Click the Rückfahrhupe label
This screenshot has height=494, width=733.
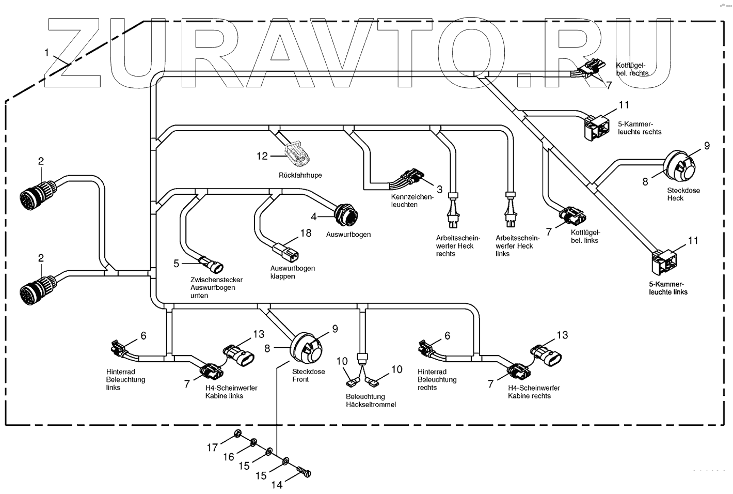[300, 175]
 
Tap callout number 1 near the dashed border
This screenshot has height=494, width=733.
[46, 52]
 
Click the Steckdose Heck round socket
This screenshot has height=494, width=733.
[679, 167]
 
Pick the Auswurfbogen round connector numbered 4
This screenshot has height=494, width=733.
[346, 214]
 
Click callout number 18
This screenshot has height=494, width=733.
[306, 233]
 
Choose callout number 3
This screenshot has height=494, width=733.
[439, 189]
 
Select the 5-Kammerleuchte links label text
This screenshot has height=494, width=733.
[668, 288]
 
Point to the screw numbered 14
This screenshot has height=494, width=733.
[306, 471]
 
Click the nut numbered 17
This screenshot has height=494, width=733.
[238, 433]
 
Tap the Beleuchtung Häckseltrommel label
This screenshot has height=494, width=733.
[371, 401]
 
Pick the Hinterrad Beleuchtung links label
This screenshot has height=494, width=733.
[125, 380]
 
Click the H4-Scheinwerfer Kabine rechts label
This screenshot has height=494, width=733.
[534, 392]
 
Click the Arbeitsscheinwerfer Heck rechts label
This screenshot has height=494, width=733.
[458, 246]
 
